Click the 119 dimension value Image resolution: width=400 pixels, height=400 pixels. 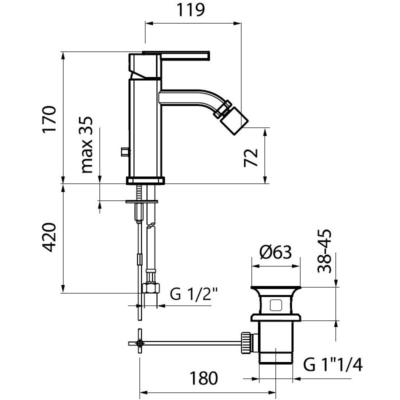click(x=191, y=10)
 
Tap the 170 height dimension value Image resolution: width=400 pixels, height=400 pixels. click(x=49, y=118)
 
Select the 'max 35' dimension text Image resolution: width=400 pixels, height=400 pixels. click(x=86, y=144)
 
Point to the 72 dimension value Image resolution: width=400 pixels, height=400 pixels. click(x=251, y=157)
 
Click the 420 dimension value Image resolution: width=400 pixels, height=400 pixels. click(x=48, y=237)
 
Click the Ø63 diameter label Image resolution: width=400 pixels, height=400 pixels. click(x=275, y=252)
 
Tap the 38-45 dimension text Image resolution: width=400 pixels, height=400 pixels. click(x=324, y=251)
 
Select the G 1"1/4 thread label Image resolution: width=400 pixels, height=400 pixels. click(x=332, y=364)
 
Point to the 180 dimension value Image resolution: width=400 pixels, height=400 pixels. click(x=203, y=378)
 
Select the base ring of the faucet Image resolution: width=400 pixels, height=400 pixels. click(x=145, y=180)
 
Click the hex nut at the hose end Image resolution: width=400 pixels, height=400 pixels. click(x=151, y=288)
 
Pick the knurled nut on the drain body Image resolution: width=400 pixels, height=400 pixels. click(x=246, y=342)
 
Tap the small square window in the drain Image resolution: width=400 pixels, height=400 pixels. click(x=275, y=305)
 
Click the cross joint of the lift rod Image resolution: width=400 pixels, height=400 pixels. click(x=139, y=343)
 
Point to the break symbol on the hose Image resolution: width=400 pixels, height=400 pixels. click(x=150, y=226)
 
